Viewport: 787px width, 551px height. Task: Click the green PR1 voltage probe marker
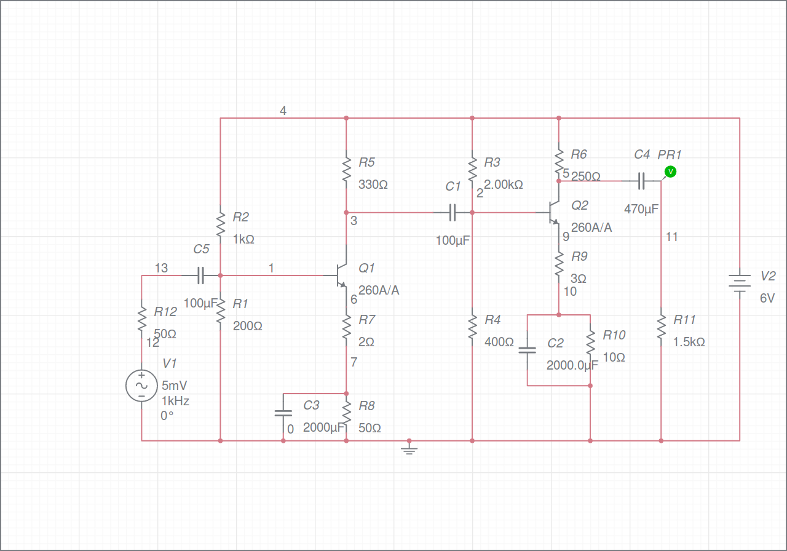670,172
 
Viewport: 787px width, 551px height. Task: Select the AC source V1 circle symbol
141,386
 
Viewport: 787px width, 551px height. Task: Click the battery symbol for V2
739,283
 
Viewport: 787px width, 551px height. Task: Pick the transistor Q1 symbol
341,275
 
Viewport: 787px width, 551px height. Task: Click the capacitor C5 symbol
200,275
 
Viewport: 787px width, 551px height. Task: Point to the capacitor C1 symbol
453,213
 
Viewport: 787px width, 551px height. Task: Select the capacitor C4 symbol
641,181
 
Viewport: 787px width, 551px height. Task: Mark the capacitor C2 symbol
528,350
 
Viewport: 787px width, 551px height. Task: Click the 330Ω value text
373,184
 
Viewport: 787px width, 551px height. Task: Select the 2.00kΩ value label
504,184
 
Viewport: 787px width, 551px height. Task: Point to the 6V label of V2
767,298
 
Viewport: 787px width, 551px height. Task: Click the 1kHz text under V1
175,401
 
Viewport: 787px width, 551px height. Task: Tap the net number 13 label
161,268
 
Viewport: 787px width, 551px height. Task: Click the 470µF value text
641,209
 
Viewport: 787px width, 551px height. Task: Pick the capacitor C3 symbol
283,413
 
